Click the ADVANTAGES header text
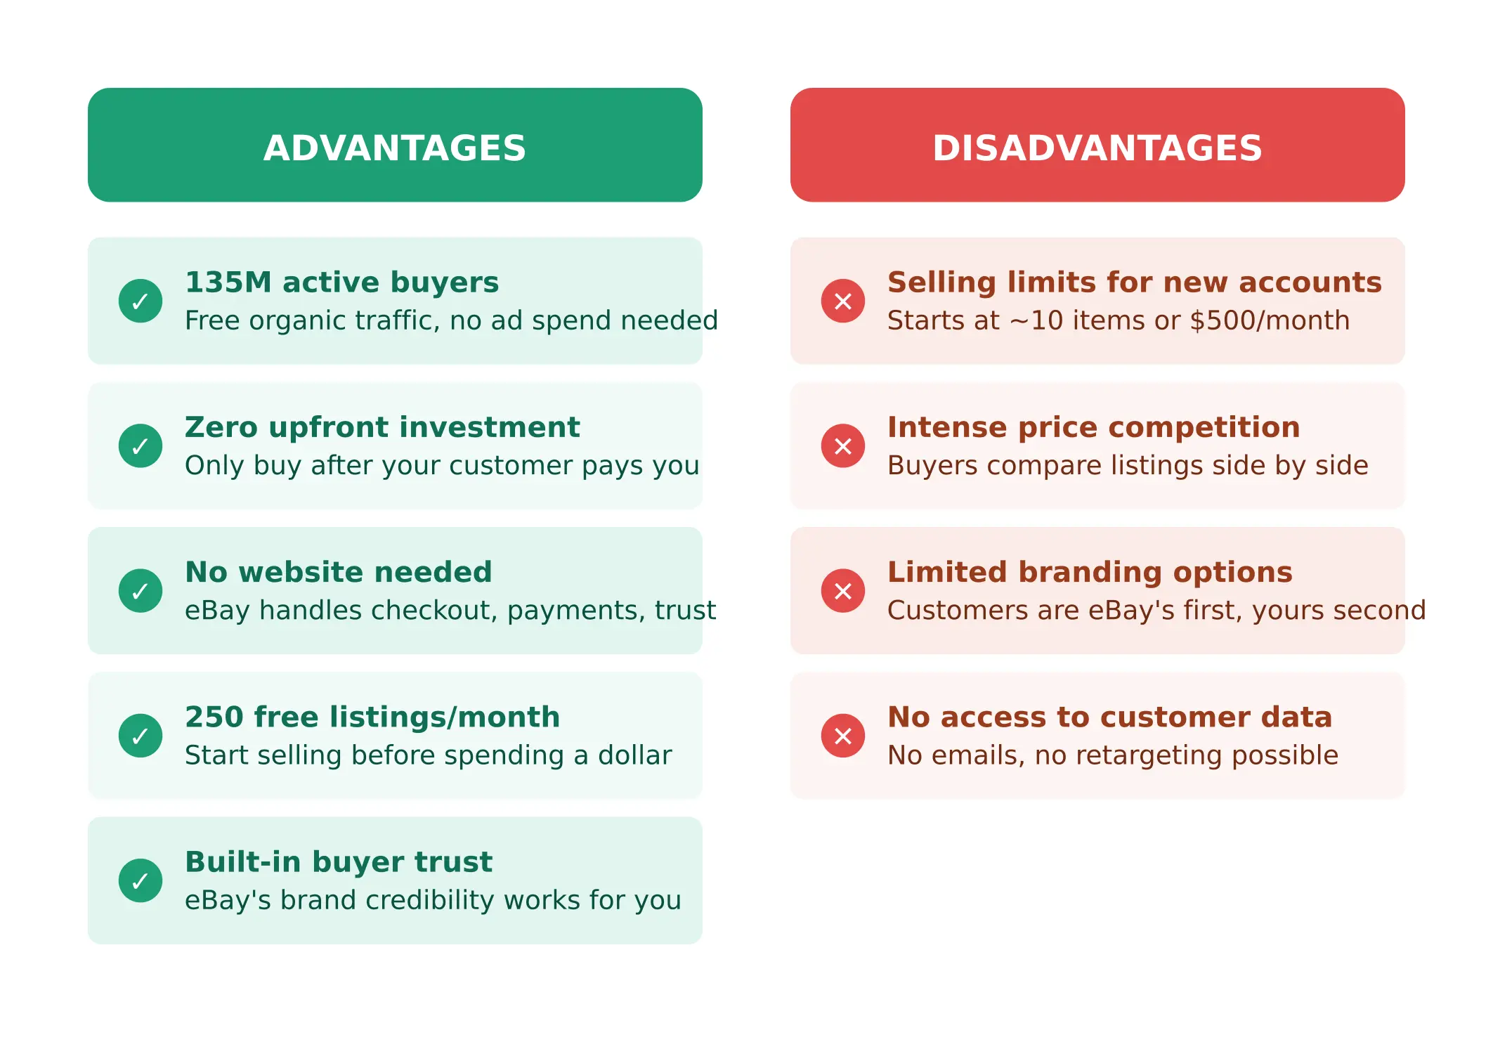pos(394,148)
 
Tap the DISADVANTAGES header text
pos(1097,148)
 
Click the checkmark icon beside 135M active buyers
pos(141,301)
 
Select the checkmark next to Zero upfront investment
pos(141,445)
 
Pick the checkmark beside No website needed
pos(141,590)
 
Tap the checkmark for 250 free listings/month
pos(141,736)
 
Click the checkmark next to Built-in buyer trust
pos(141,880)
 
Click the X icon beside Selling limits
pos(843,301)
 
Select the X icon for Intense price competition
pos(843,445)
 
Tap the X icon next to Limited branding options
pos(843,590)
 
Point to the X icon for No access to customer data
pos(843,736)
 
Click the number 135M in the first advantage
pos(228,282)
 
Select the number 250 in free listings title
pos(214,717)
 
